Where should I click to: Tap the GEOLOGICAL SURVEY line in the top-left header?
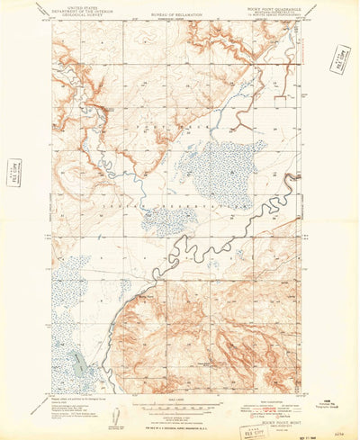click(x=73, y=15)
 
